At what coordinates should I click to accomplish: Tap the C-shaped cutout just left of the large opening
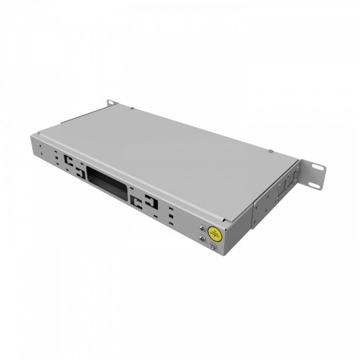click(x=79, y=172)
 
